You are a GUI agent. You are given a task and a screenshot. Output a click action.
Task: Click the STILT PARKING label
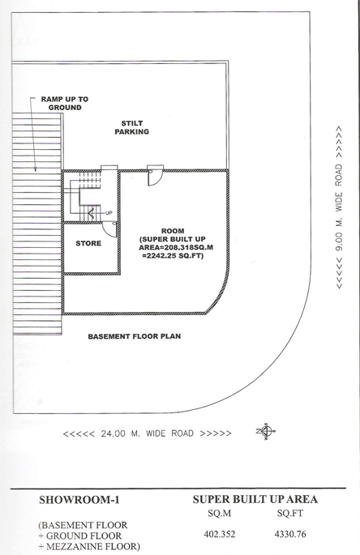tap(131, 127)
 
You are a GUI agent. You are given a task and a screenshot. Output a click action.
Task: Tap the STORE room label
tap(88, 243)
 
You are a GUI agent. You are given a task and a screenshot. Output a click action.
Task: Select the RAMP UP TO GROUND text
tap(65, 104)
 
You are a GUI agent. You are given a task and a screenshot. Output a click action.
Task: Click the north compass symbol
tap(266, 431)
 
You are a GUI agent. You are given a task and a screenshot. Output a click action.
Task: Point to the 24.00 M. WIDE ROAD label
tap(147, 433)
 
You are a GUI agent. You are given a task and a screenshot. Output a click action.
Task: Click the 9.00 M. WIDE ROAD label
tap(339, 207)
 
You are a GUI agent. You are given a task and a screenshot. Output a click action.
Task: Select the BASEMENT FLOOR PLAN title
tap(135, 336)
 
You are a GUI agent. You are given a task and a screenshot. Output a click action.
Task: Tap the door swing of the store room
tap(109, 229)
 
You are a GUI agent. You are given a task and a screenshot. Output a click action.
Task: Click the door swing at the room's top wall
tap(155, 176)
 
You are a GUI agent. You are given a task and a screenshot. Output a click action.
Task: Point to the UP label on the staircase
tap(109, 213)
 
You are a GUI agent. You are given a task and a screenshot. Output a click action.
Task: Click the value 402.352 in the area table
tap(220, 534)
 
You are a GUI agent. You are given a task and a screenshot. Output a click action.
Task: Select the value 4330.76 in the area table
tap(290, 534)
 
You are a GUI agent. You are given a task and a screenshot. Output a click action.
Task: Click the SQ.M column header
tap(220, 513)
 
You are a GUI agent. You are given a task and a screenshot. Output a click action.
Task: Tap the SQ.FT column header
tap(290, 513)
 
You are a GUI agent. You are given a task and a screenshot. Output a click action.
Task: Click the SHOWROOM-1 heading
tap(79, 500)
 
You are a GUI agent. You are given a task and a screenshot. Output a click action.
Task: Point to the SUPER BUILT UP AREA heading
tap(255, 499)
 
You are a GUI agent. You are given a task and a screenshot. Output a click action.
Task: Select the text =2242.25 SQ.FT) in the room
tap(173, 255)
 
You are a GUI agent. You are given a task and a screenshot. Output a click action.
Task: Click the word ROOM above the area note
tap(173, 231)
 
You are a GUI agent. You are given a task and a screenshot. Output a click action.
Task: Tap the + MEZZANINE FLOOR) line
tap(89, 547)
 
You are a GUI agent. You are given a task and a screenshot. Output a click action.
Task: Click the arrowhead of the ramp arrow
tap(36, 169)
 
